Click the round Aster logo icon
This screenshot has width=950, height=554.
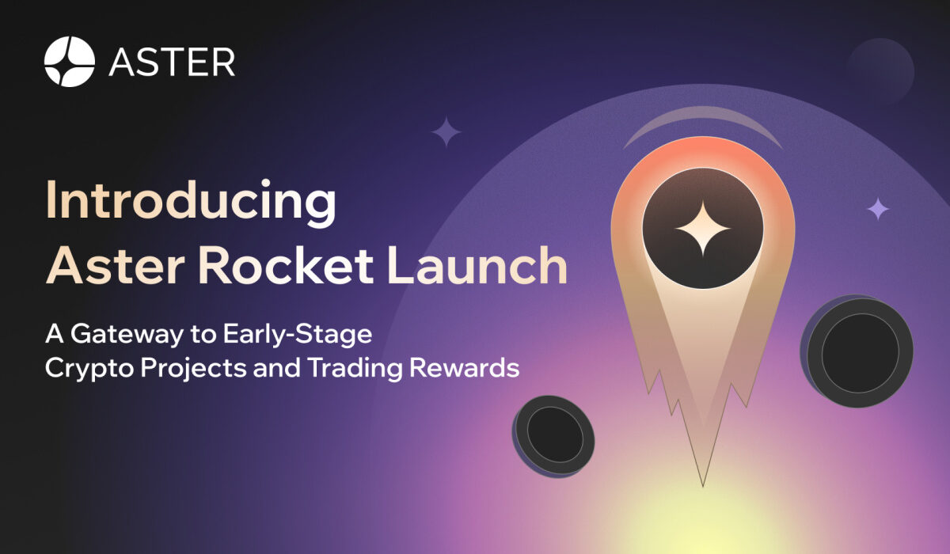[x=70, y=62]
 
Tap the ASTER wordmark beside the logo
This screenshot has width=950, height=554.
[x=172, y=63]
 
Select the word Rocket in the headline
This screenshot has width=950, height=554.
[x=286, y=266]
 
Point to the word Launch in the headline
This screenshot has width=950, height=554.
[x=477, y=266]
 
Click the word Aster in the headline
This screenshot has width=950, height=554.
[x=115, y=266]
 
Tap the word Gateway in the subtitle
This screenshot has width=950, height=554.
[x=127, y=335]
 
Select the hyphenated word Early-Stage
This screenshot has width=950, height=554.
[x=298, y=335]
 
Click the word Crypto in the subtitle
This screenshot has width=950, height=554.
[x=89, y=368]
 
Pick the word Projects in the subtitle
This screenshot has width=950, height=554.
[x=193, y=368]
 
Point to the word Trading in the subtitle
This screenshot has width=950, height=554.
[x=355, y=368]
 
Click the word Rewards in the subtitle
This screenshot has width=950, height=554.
[x=465, y=368]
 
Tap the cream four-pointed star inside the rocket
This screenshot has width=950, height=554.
[x=703, y=229]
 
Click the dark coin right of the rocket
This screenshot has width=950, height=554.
[x=857, y=351]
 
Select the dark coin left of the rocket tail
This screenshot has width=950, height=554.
[x=553, y=437]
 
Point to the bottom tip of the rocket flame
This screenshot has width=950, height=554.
[x=703, y=487]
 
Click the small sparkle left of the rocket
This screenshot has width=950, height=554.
[x=446, y=132]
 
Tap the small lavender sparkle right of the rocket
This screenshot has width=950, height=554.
[x=878, y=209]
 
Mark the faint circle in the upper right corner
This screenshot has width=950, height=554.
[x=880, y=71]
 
